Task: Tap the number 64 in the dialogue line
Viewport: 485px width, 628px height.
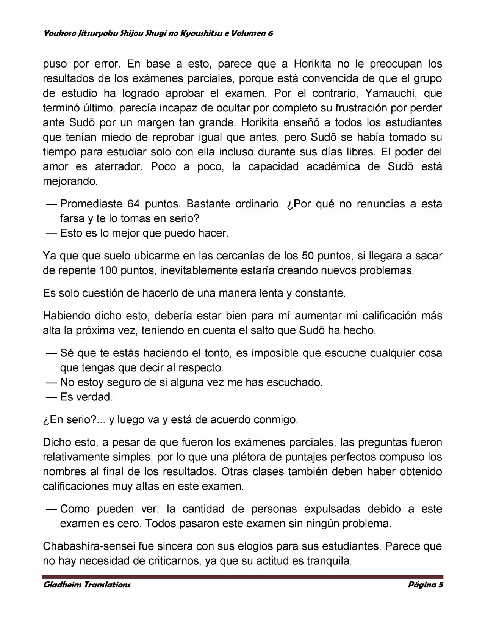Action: pos(133,204)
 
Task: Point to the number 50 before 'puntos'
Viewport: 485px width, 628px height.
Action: pos(308,256)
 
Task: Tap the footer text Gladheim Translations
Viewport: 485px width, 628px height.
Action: pos(87,585)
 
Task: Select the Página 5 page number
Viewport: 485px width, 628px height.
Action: pos(425,585)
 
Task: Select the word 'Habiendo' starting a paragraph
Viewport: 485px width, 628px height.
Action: pos(66,316)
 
